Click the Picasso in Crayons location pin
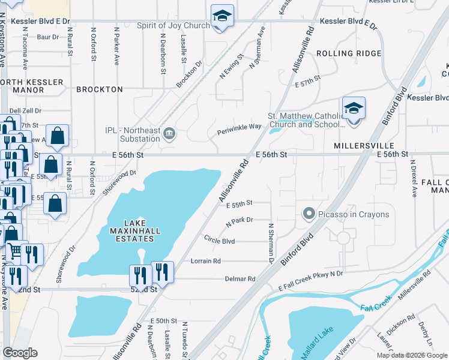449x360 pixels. (309, 214)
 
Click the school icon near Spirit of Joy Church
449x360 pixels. (222, 16)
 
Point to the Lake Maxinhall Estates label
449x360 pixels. (131, 233)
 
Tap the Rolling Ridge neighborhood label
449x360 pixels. (348, 53)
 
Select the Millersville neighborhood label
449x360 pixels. (364, 146)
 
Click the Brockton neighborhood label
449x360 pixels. (100, 89)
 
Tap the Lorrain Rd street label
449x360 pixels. (206, 261)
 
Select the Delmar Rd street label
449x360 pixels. (240, 278)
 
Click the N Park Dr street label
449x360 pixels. (240, 221)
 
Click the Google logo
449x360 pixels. (20, 353)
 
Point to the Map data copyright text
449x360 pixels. (412, 355)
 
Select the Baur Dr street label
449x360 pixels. (47, 37)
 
